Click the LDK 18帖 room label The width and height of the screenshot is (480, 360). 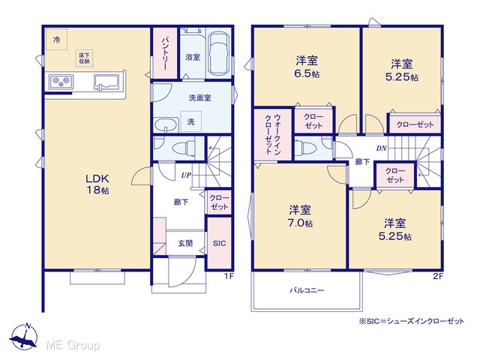pos(97,184)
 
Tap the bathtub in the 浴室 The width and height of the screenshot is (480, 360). pos(218,54)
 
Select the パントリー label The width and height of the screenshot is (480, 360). pos(165,53)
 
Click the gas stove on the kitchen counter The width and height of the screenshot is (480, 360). pos(59,82)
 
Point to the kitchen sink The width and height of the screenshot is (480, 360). pos(106,82)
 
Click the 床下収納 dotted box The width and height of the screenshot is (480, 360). pos(84,58)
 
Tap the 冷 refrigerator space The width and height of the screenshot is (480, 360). pos(56,39)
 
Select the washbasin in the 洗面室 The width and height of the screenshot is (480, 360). pos(166,125)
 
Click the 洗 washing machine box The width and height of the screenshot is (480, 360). pos(190,121)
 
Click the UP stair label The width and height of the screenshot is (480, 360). pos(186,175)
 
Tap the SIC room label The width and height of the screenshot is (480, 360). pos(219,243)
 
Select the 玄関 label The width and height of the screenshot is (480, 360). pos(185,243)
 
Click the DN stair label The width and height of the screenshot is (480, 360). pos(382,148)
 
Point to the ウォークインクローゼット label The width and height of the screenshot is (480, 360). pos(273,134)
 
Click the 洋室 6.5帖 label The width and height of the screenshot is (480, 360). pos(307,67)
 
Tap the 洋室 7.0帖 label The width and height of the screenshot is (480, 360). pos(300,217)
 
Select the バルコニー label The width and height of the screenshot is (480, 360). pos(307,290)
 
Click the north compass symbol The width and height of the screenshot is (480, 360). pos(24,336)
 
